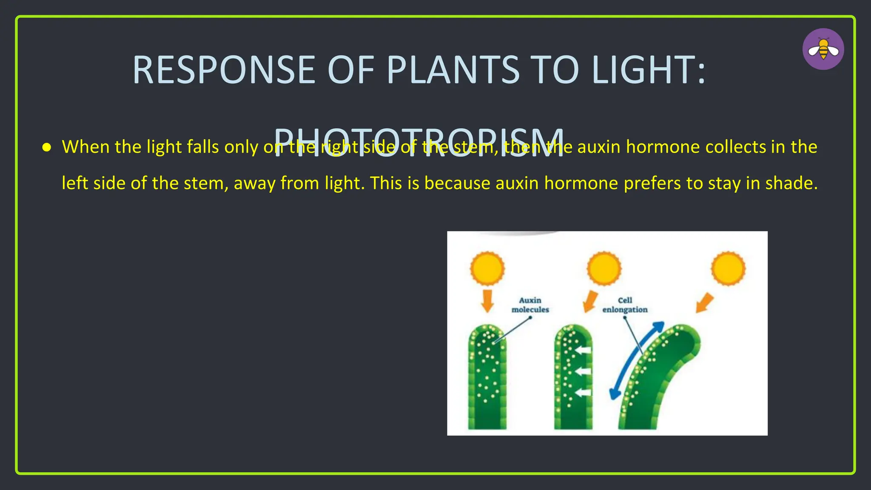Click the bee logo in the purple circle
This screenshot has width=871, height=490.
[823, 49]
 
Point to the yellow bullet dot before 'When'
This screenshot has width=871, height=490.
[47, 148]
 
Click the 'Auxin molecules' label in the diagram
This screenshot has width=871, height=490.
[530, 305]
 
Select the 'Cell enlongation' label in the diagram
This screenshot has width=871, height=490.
[625, 305]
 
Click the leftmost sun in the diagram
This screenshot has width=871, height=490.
[487, 268]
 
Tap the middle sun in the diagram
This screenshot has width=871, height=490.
[604, 268]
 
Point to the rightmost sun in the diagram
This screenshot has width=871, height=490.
[728, 268]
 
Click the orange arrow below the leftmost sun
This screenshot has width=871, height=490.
[487, 301]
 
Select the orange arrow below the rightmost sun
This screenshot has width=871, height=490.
[705, 302]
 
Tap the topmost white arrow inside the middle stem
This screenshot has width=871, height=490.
[583, 350]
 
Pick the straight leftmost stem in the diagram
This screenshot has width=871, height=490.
[487, 379]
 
